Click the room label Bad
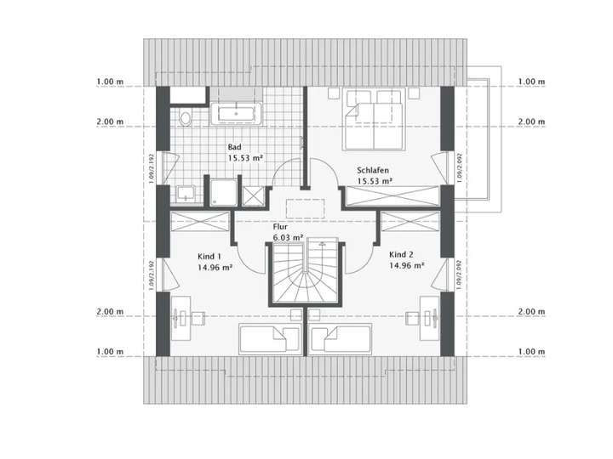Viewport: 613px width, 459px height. click(x=234, y=147)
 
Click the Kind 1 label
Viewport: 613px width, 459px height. click(x=209, y=256)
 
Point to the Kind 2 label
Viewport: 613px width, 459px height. click(x=401, y=255)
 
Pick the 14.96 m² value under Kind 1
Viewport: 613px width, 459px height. click(x=215, y=267)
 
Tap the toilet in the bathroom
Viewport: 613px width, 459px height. click(x=186, y=116)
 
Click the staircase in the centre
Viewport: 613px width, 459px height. click(x=305, y=273)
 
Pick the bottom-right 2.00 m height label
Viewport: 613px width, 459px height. click(x=531, y=312)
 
